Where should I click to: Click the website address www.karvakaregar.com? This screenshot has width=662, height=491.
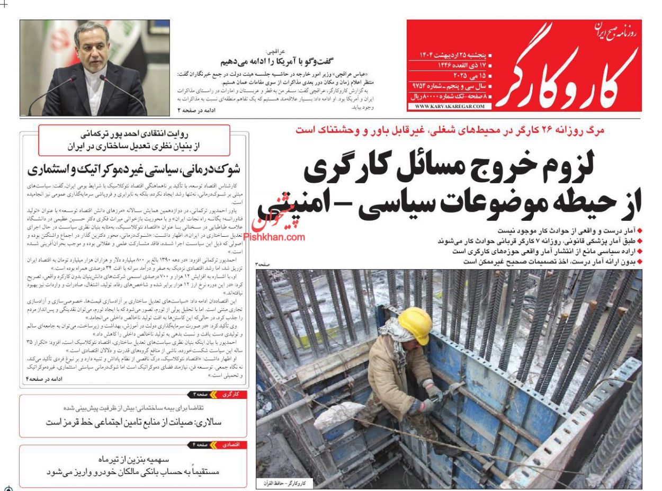450,106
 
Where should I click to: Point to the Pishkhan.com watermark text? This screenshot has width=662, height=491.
274,237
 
